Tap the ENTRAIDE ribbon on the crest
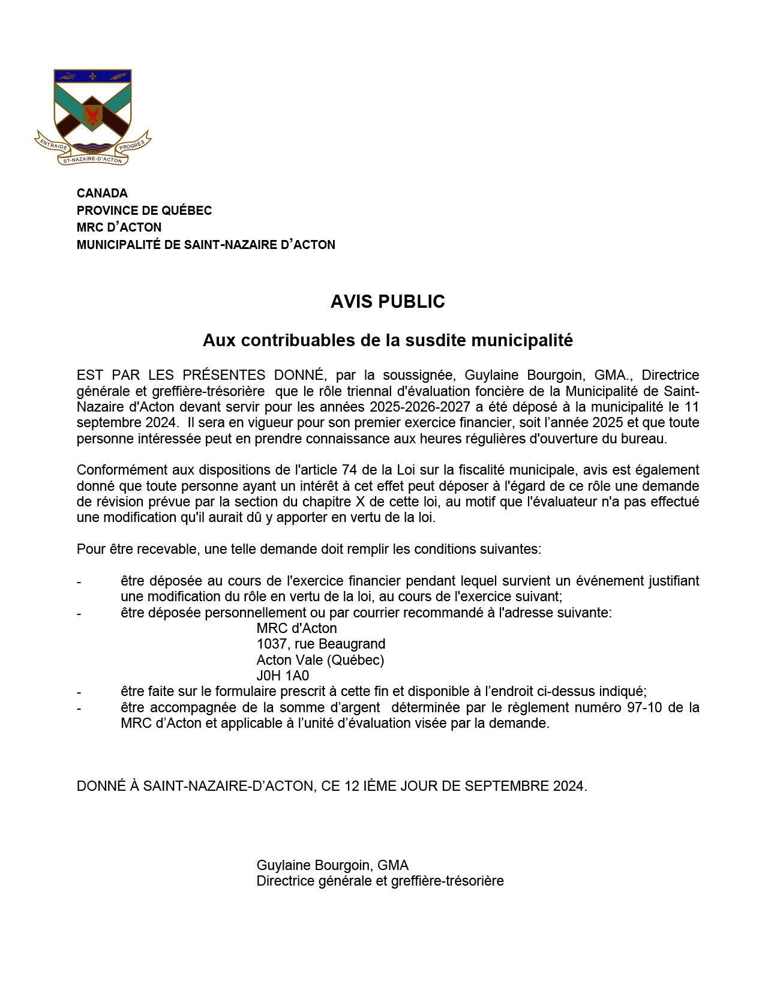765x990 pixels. [x=53, y=145]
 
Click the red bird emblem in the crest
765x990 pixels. [x=92, y=115]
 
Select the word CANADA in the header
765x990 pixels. [x=102, y=193]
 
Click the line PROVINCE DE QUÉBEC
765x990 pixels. [x=144, y=211]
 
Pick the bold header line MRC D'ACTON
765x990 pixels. [x=119, y=227]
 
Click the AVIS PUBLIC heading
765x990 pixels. [x=388, y=301]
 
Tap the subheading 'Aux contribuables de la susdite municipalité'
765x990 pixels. [x=388, y=340]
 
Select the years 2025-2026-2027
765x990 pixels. [x=419, y=407]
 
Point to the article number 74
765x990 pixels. [x=349, y=470]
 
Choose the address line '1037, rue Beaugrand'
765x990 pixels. [x=320, y=644]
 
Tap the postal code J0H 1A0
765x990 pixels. [x=283, y=676]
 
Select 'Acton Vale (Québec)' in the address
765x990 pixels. [x=320, y=660]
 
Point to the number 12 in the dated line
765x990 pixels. [x=352, y=786]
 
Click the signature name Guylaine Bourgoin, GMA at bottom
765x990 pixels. [x=332, y=865]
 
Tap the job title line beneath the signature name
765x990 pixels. [x=380, y=881]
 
